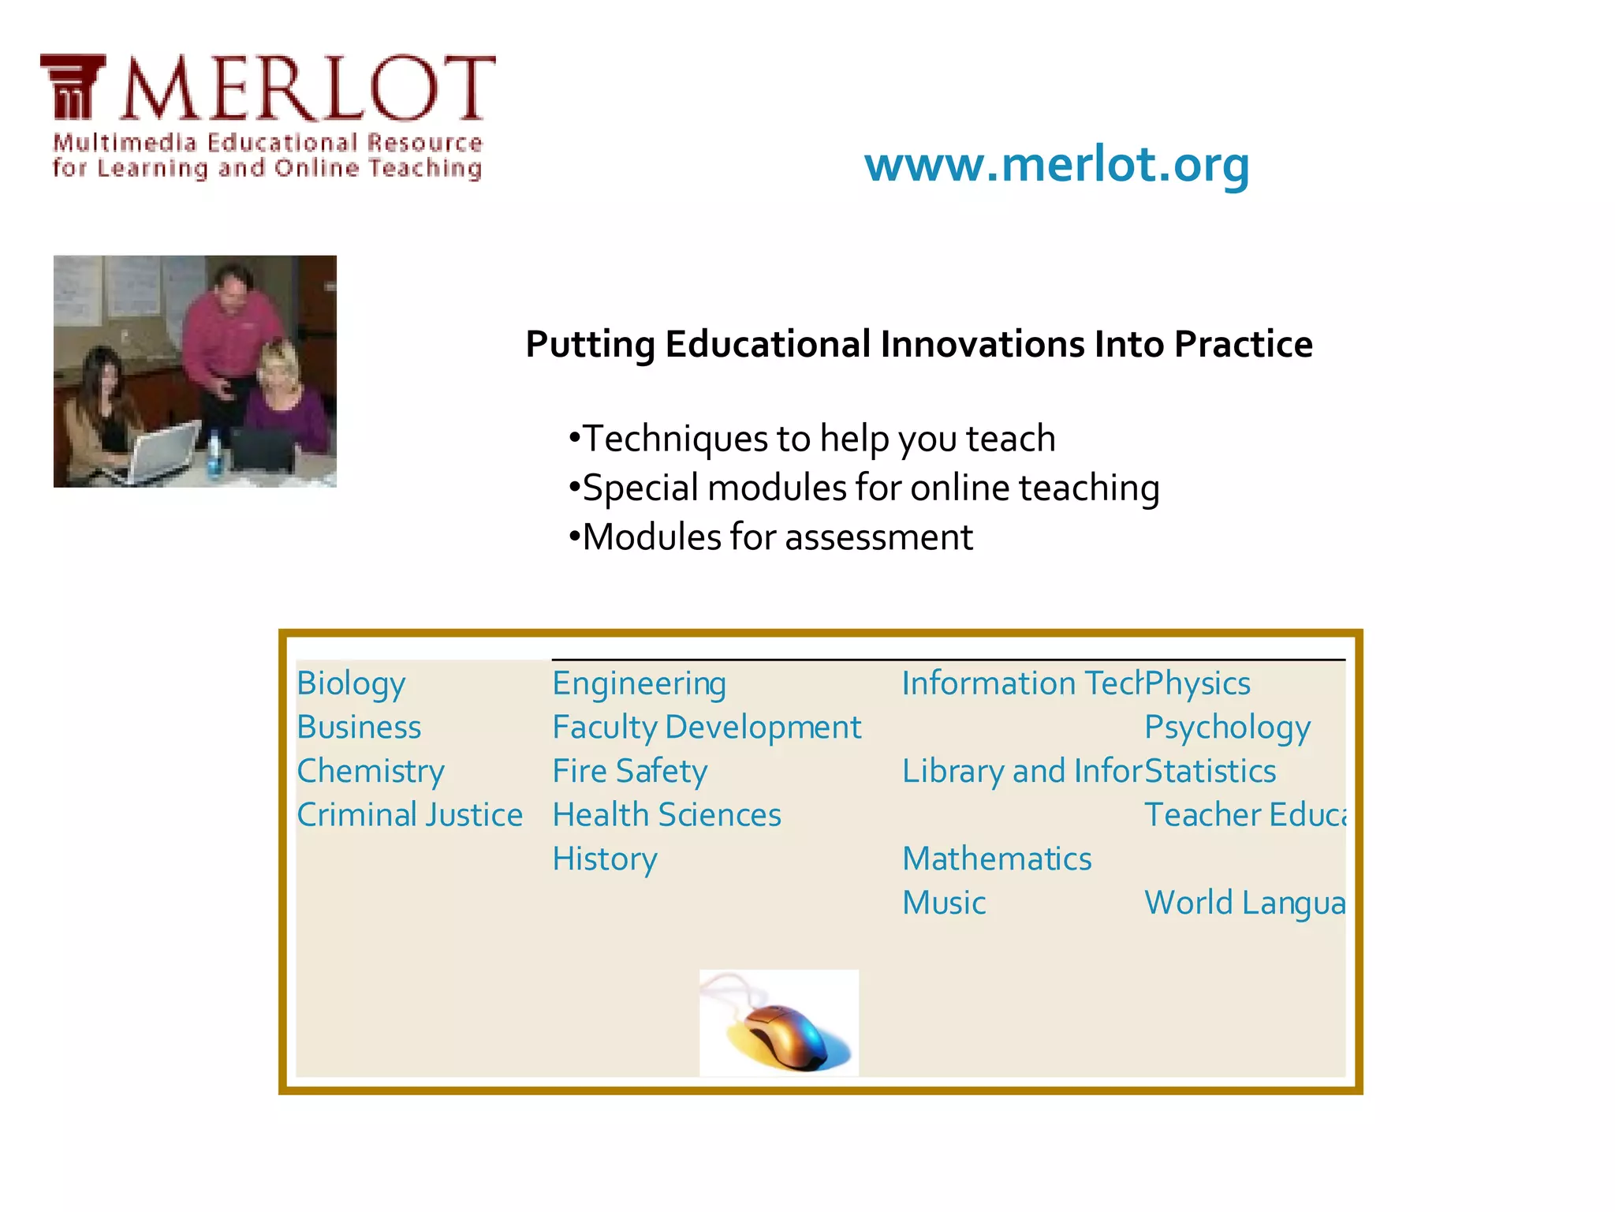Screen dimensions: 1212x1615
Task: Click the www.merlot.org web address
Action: (x=1057, y=165)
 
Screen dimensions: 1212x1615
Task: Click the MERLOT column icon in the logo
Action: (x=73, y=87)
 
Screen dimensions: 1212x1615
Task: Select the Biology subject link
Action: (x=351, y=684)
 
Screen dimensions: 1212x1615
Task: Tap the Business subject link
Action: (x=359, y=728)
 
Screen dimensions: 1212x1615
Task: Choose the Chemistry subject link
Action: (x=371, y=772)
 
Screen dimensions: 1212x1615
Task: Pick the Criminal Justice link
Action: (x=409, y=815)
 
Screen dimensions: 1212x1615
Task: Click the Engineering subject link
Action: (x=639, y=684)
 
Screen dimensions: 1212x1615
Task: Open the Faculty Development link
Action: (x=707, y=728)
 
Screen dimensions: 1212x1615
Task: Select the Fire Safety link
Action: (x=629, y=772)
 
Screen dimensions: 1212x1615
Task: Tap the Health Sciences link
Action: (x=666, y=815)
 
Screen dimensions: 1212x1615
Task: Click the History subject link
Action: (x=604, y=859)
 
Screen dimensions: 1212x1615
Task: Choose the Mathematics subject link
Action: (x=997, y=859)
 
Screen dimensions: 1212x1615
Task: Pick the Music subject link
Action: (x=944, y=903)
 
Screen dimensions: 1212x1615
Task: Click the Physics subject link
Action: (x=1197, y=684)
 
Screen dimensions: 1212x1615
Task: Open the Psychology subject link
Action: (x=1227, y=728)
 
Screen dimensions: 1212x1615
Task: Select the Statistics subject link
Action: (x=1210, y=772)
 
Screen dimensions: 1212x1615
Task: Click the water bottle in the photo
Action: (x=214, y=455)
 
